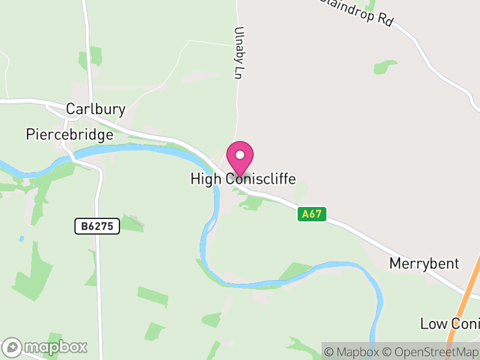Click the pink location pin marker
240,158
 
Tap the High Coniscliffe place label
243,179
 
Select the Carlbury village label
95,109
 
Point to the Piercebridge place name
70,134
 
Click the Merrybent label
424,263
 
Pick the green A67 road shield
311,214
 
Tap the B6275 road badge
97,226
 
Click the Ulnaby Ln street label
240,53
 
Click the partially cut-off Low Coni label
449,323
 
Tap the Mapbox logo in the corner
45,347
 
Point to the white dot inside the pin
240,154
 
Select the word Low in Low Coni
434,323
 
